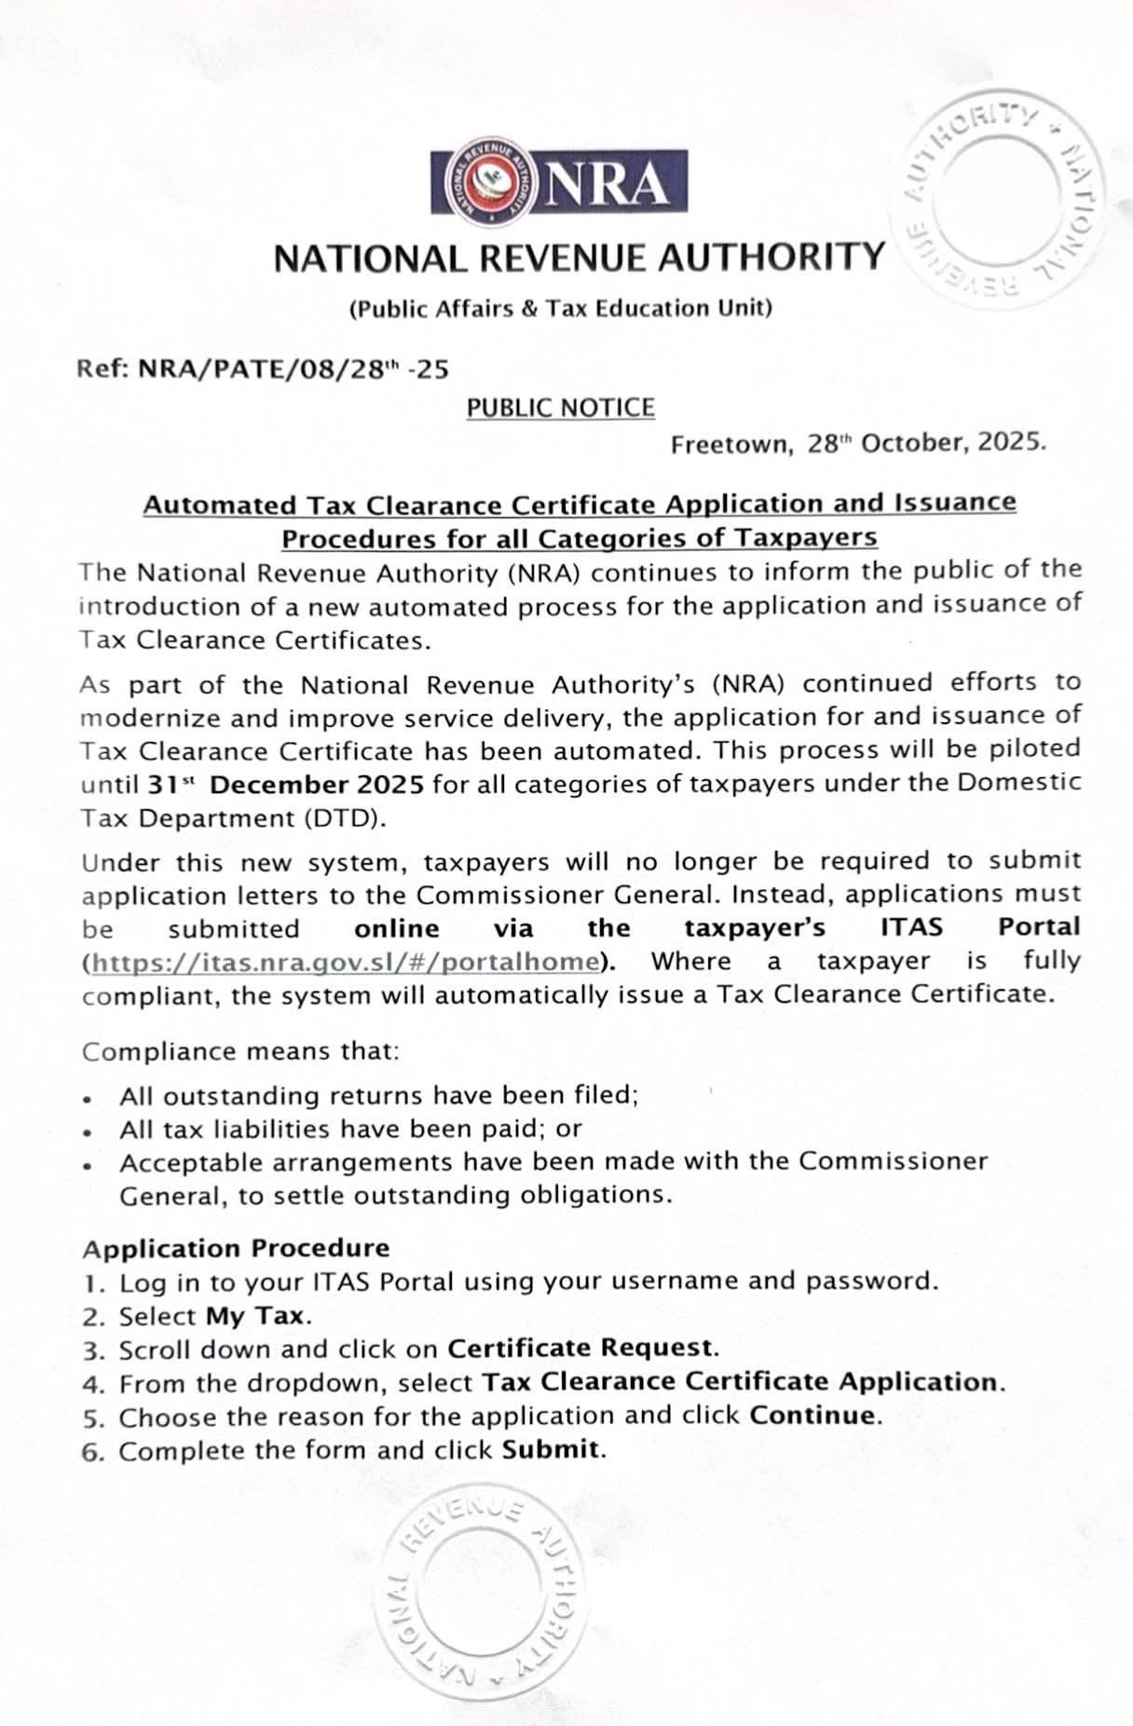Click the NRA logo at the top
(x=559, y=182)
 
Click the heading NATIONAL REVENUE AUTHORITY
(x=579, y=257)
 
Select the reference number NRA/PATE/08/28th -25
(x=293, y=370)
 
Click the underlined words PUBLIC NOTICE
(x=561, y=408)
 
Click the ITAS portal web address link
(x=344, y=962)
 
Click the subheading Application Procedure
(x=236, y=1248)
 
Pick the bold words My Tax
(x=255, y=1316)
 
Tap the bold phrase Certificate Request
(x=580, y=1349)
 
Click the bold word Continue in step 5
(x=813, y=1416)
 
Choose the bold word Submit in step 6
(x=551, y=1450)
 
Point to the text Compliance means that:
(x=240, y=1051)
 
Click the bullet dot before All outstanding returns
(x=87, y=1099)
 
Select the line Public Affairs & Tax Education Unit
(x=560, y=308)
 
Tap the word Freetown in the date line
(x=730, y=445)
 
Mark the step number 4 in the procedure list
(x=90, y=1384)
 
